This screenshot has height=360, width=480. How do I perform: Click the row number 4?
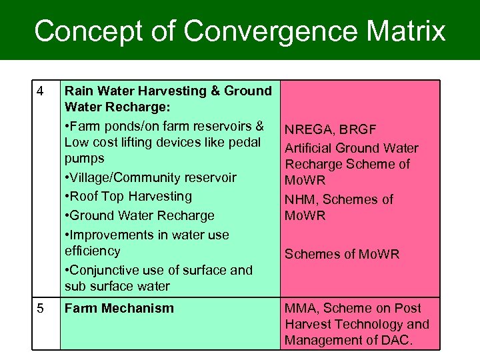[41, 91]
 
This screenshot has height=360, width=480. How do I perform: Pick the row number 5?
[41, 309]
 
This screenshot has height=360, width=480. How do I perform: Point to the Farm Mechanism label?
[119, 309]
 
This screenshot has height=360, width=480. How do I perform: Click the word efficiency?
[93, 251]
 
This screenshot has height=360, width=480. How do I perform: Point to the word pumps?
[85, 159]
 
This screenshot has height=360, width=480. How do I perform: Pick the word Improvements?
[109, 235]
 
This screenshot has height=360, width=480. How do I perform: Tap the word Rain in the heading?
[78, 91]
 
